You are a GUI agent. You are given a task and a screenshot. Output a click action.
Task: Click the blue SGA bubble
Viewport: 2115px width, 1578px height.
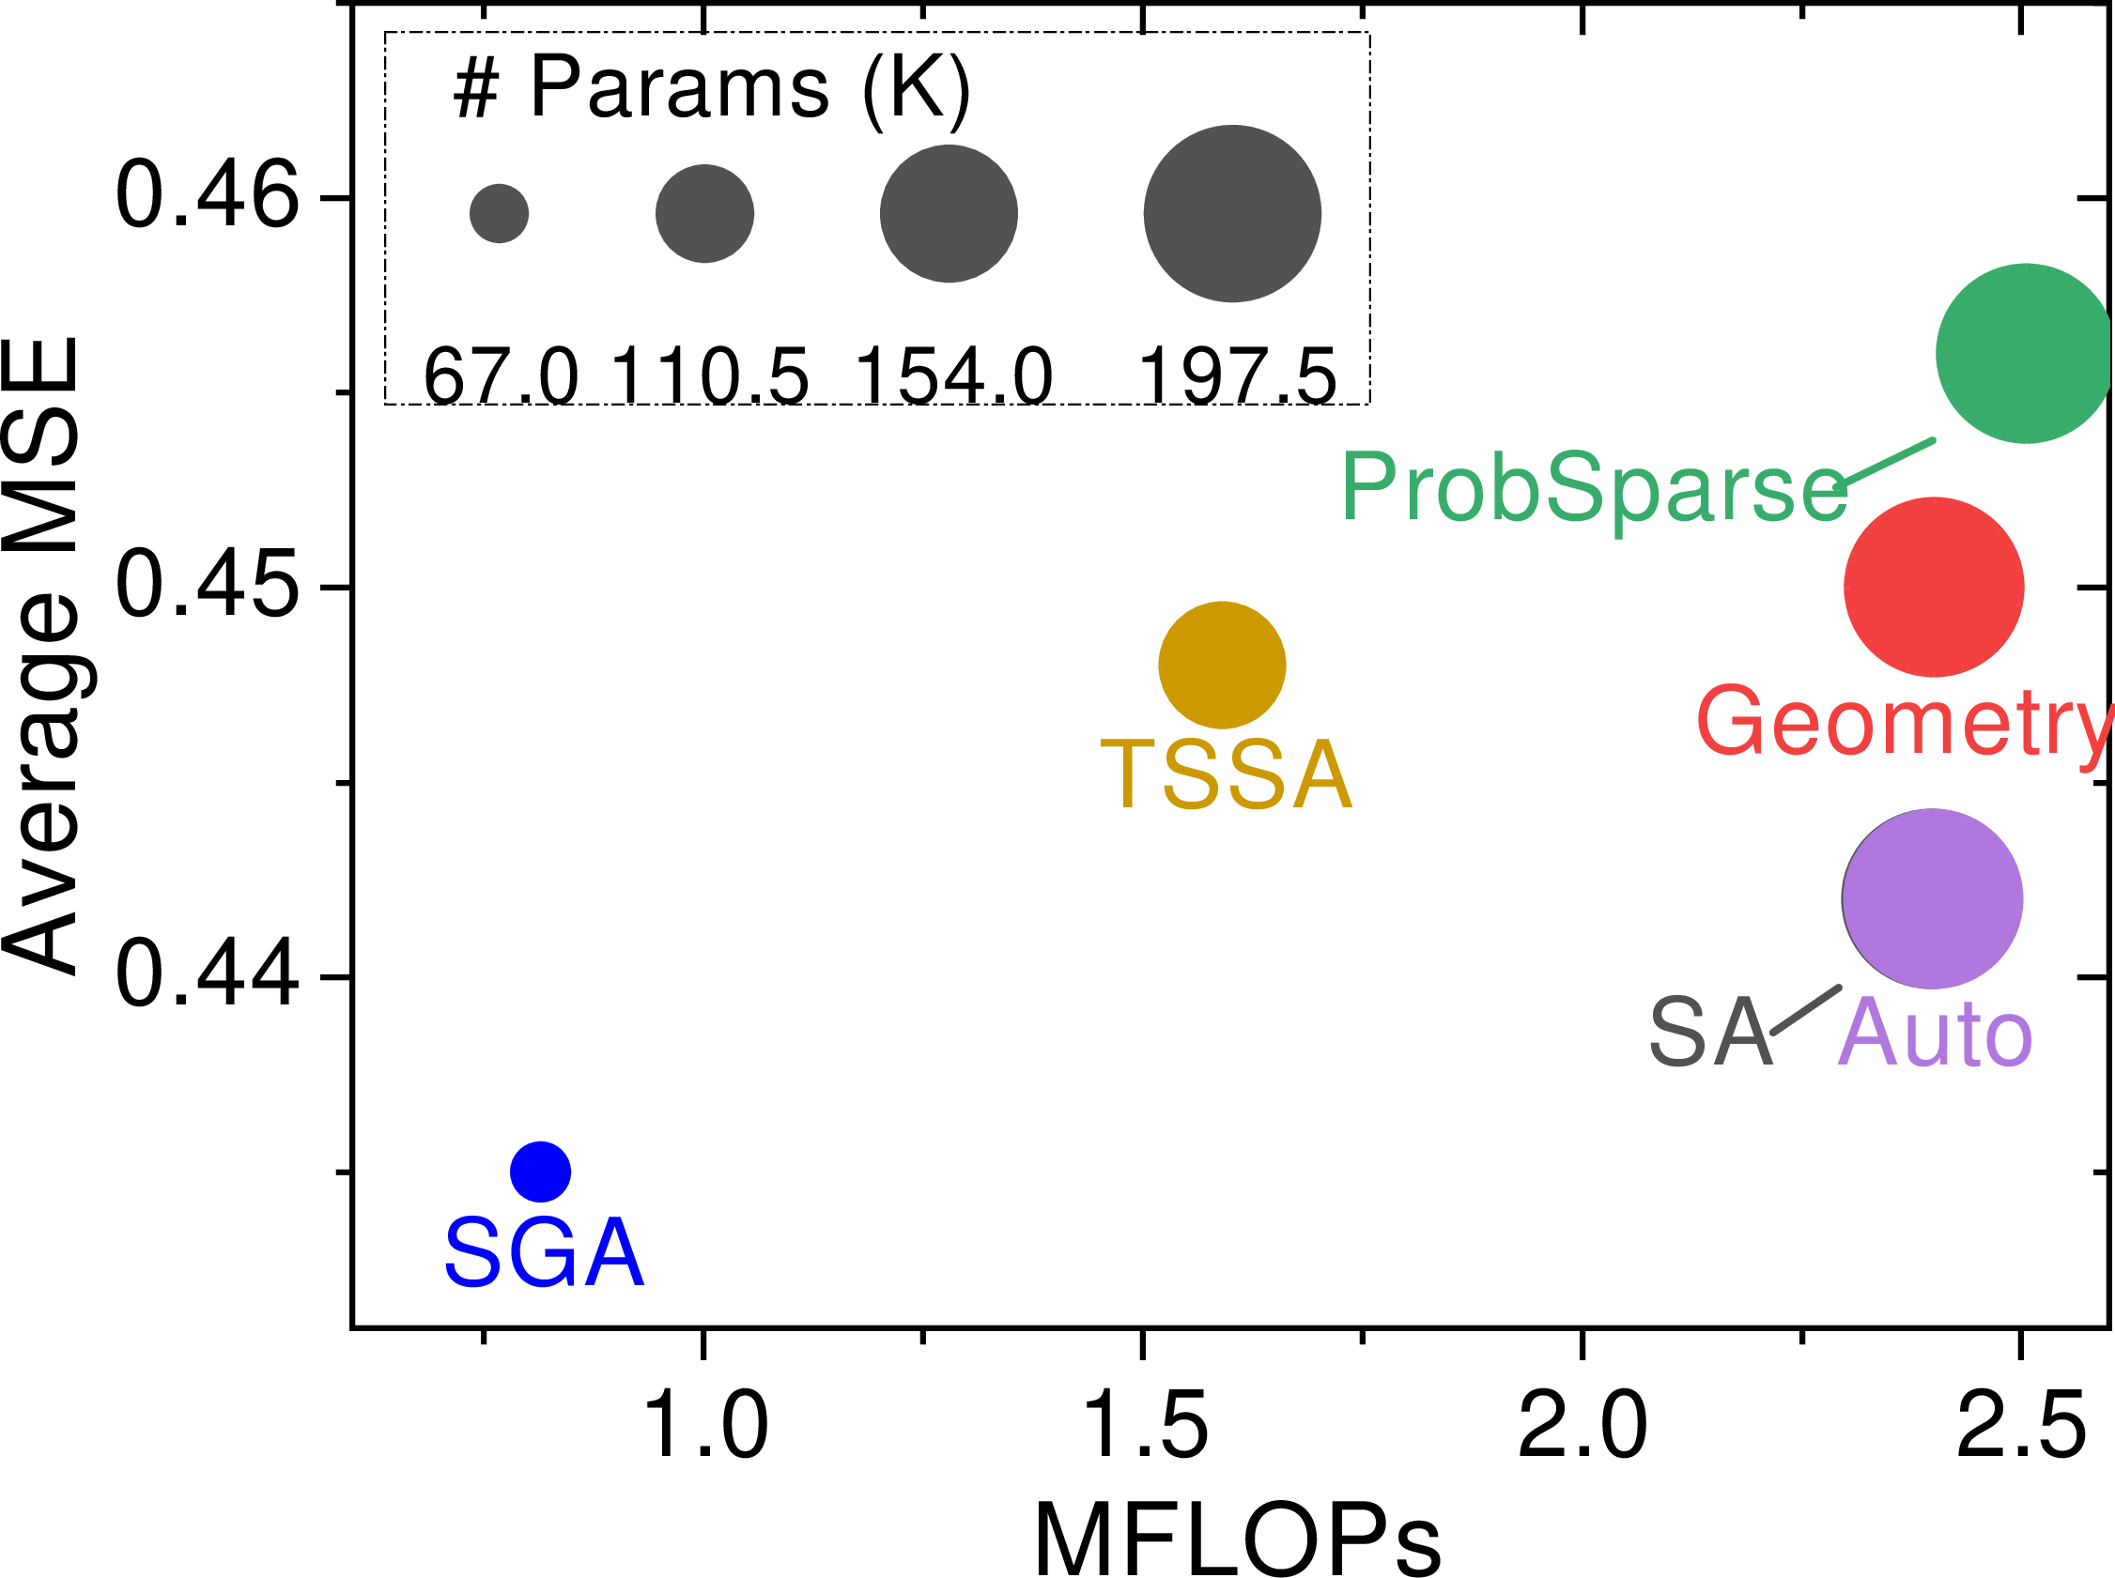pos(540,1172)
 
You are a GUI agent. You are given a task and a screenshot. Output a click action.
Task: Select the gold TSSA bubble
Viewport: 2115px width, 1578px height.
pos(1222,665)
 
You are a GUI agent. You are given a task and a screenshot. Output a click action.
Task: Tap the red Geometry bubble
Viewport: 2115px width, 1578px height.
pos(1934,587)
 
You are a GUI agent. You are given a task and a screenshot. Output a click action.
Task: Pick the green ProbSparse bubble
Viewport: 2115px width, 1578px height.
pos(2025,353)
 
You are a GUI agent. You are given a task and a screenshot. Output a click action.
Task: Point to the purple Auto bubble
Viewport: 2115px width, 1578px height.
pos(1933,898)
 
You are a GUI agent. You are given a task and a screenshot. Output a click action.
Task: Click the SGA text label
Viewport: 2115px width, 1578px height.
pos(544,1252)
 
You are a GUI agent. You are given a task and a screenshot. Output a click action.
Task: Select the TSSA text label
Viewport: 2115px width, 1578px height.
pos(1227,774)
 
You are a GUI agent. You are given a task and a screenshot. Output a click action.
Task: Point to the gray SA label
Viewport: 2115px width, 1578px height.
pos(1711,1033)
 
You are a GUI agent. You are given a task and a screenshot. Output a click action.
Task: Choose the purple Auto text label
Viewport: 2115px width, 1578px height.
pos(1935,1033)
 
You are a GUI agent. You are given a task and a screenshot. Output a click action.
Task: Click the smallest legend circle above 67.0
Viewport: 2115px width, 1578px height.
pos(499,213)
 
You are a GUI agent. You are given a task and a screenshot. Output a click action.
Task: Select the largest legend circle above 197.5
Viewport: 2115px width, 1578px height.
pos(1232,213)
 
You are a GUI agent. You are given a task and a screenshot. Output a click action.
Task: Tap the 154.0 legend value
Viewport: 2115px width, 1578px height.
pos(953,376)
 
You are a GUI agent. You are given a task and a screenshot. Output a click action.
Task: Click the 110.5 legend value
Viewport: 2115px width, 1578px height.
pos(709,376)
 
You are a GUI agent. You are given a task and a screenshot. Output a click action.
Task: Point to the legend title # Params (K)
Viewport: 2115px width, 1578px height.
pos(711,88)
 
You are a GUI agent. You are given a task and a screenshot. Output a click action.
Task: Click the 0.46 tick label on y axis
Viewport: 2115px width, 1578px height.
pos(207,196)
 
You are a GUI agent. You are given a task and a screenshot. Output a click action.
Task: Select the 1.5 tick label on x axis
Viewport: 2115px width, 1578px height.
pos(1144,1425)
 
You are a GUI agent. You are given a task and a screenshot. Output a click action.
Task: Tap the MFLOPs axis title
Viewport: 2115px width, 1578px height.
pos(1238,1539)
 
